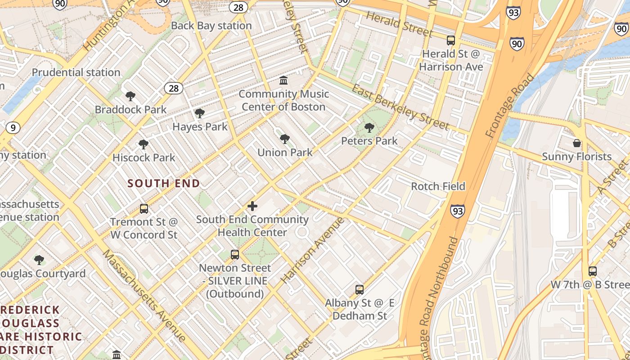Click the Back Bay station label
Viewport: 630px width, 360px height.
[211, 26]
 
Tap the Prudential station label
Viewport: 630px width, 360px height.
[76, 72]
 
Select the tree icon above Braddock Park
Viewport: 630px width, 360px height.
[130, 96]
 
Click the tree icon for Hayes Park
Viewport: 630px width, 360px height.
[200, 113]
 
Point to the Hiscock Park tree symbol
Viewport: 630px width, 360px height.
[144, 144]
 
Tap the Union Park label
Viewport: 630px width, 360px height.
[285, 153]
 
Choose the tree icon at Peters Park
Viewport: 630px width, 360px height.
[369, 128]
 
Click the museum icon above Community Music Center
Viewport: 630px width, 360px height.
[284, 81]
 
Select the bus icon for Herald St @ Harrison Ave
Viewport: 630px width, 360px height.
[451, 40]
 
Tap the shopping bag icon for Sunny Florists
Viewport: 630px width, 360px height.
[577, 144]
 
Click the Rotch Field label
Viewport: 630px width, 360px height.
[438, 186]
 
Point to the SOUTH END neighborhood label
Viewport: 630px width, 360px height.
[164, 184]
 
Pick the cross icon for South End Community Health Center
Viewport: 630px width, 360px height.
[252, 206]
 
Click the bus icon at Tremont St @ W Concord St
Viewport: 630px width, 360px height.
[144, 209]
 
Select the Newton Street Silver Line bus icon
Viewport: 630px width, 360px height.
[235, 255]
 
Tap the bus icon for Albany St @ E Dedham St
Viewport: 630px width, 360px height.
[360, 290]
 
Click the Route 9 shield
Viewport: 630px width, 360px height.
[13, 128]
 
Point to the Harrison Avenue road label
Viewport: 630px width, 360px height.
[313, 250]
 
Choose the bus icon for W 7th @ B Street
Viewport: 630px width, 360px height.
[593, 271]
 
